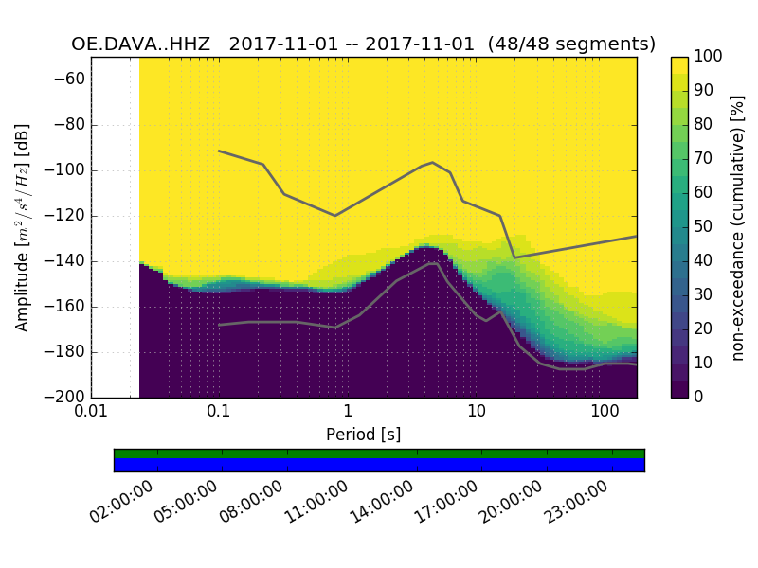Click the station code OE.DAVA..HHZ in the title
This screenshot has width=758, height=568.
144,44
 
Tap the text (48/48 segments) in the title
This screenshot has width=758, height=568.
578,44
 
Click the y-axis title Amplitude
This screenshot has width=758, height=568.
23,227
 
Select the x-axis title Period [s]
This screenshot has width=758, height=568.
363,435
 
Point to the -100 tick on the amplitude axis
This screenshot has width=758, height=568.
67,170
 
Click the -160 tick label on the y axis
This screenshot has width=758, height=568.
67,307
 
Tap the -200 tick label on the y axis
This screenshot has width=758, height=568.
67,398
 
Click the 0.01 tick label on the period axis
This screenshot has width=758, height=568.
91,413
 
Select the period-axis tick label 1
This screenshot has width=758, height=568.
348,413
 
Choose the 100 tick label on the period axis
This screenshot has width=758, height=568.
605,413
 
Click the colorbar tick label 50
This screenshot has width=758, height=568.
703,227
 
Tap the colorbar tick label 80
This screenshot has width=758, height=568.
703,125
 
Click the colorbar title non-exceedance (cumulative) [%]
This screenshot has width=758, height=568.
738,227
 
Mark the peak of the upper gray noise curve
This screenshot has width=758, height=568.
432,162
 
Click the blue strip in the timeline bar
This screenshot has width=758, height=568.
379,465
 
